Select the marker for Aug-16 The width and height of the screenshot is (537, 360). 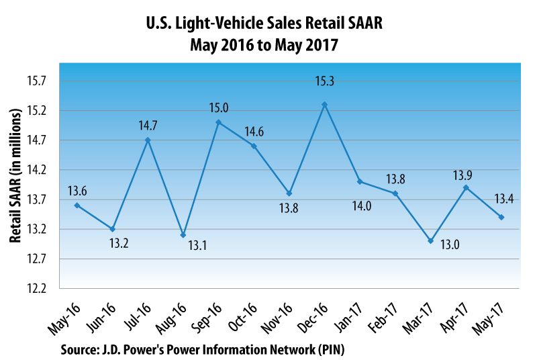tap(183, 235)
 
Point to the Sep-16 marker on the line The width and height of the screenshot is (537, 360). tap(219, 122)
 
